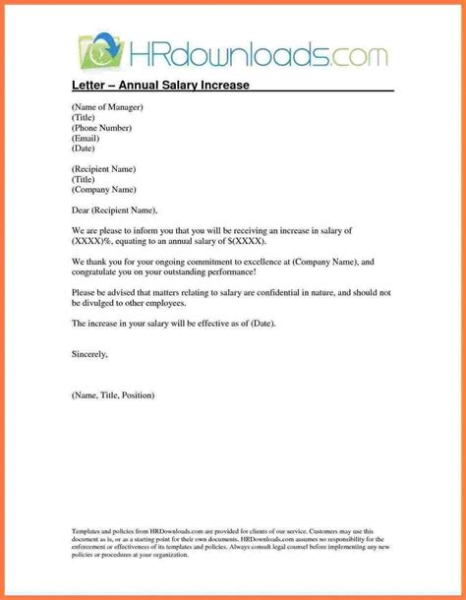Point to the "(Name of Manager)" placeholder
[x=107, y=106]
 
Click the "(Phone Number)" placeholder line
[x=101, y=128]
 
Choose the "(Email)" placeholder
[x=87, y=139]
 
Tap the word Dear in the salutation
[x=83, y=210]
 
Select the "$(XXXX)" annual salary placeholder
[x=244, y=241]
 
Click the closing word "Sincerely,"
[x=89, y=351]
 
